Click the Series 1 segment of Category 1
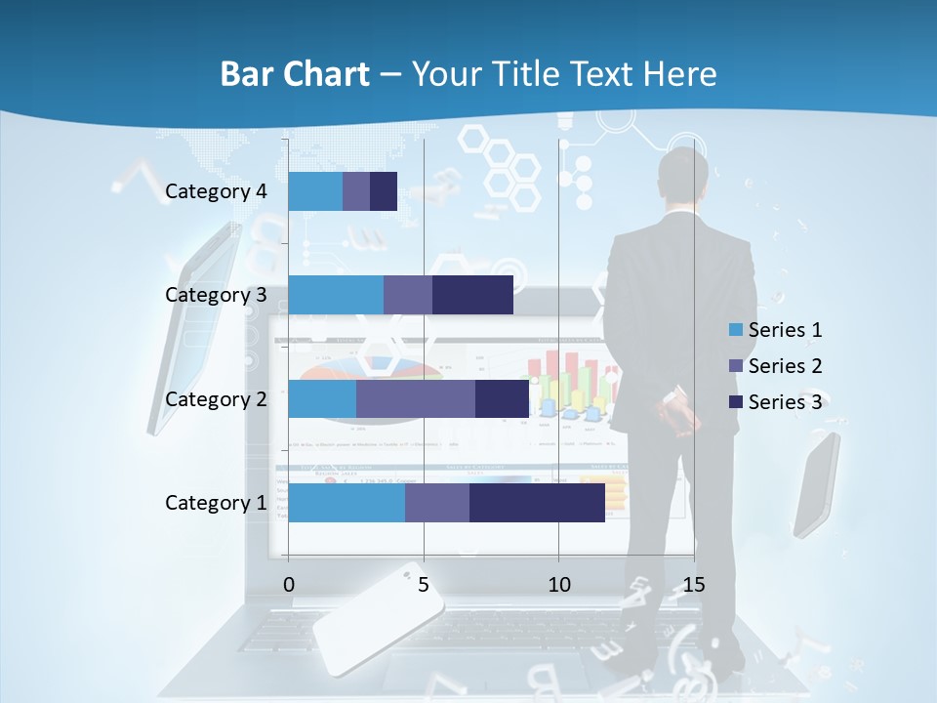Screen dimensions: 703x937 [346, 503]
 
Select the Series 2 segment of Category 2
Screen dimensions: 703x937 [416, 398]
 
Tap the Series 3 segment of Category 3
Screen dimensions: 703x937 [472, 295]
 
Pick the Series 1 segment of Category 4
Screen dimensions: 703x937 [315, 191]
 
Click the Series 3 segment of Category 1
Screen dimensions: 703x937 [537, 503]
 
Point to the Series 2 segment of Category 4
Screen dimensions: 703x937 [356, 191]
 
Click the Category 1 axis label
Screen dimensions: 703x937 [216, 503]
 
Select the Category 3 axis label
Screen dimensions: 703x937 [216, 295]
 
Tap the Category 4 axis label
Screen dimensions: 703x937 [216, 191]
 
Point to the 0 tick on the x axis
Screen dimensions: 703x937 [289, 585]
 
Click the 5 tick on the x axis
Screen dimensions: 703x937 [424, 585]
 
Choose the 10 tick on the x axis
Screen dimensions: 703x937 [558, 585]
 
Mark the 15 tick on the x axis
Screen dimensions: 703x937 [694, 585]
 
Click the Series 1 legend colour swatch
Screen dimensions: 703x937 [735, 330]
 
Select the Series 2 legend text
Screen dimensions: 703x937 [785, 366]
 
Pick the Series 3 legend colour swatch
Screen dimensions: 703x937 [735, 402]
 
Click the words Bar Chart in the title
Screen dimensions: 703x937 [295, 74]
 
